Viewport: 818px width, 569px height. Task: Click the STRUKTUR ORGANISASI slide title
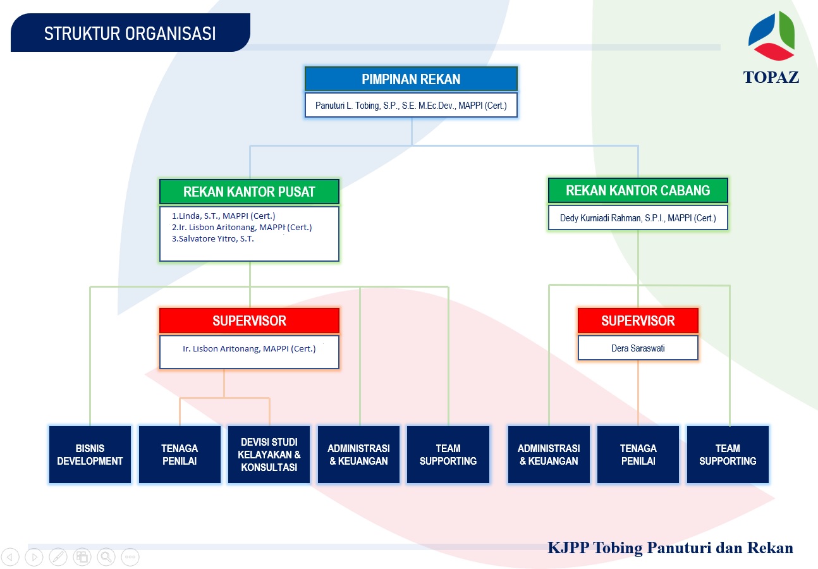point(130,34)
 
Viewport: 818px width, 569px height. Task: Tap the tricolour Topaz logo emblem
point(771,36)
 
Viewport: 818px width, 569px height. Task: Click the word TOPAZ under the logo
point(771,77)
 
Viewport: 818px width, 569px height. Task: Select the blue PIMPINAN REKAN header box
point(411,79)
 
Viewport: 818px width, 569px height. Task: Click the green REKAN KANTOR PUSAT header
point(249,192)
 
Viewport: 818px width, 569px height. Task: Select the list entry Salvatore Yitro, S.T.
point(212,238)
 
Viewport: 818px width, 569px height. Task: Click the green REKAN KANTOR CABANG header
point(638,190)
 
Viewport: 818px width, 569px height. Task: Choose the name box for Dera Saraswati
point(638,348)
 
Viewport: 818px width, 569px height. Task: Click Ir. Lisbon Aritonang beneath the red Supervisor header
point(249,348)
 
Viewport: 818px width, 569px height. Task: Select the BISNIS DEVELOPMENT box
point(90,455)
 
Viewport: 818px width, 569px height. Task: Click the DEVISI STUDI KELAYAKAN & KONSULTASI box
point(269,455)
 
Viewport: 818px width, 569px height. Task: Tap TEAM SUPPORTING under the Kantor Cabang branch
point(728,455)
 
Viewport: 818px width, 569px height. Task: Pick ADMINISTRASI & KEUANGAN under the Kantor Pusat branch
point(358,455)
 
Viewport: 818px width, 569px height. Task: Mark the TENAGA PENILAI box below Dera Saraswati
point(638,455)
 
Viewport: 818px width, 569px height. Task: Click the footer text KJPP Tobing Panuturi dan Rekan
point(670,548)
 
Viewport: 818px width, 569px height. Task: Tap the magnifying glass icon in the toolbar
point(106,557)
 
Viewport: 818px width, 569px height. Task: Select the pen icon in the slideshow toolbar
point(58,557)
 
